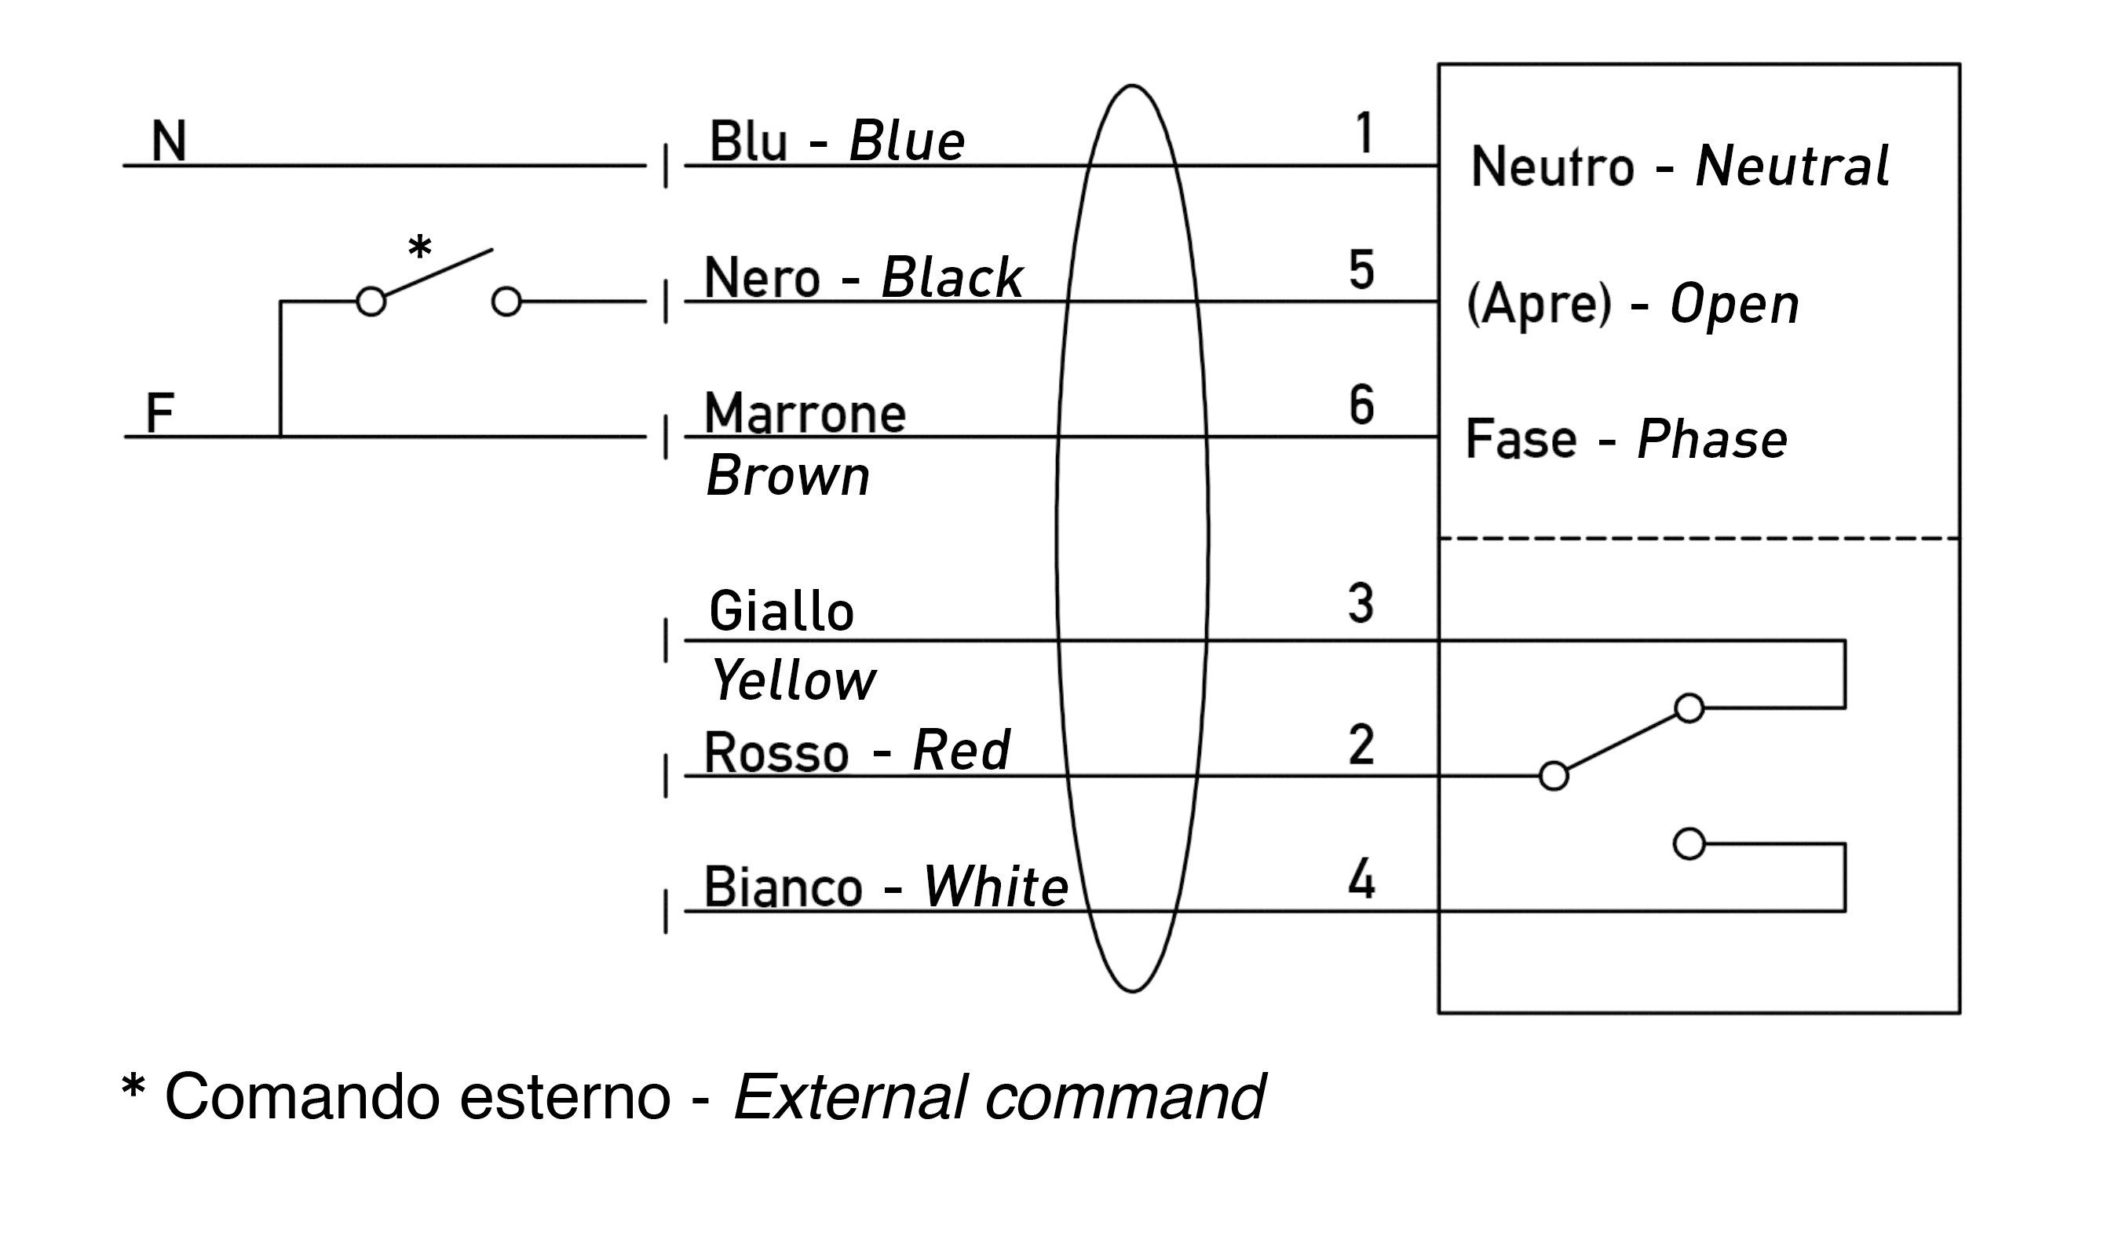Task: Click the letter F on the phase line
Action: [x=159, y=413]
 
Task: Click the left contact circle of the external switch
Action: [x=371, y=302]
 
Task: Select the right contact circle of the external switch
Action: [x=506, y=302]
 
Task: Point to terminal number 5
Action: [x=1361, y=270]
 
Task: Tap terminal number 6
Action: [x=1361, y=405]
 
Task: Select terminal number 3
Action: [x=1361, y=605]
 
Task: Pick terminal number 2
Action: [x=1361, y=745]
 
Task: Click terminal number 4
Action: [x=1361, y=880]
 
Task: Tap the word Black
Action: [x=952, y=278]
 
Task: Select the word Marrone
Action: [x=805, y=414]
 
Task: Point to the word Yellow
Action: [x=793, y=680]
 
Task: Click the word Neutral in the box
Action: [x=1792, y=166]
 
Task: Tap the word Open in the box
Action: [x=1734, y=305]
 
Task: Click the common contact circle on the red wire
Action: [x=1554, y=777]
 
